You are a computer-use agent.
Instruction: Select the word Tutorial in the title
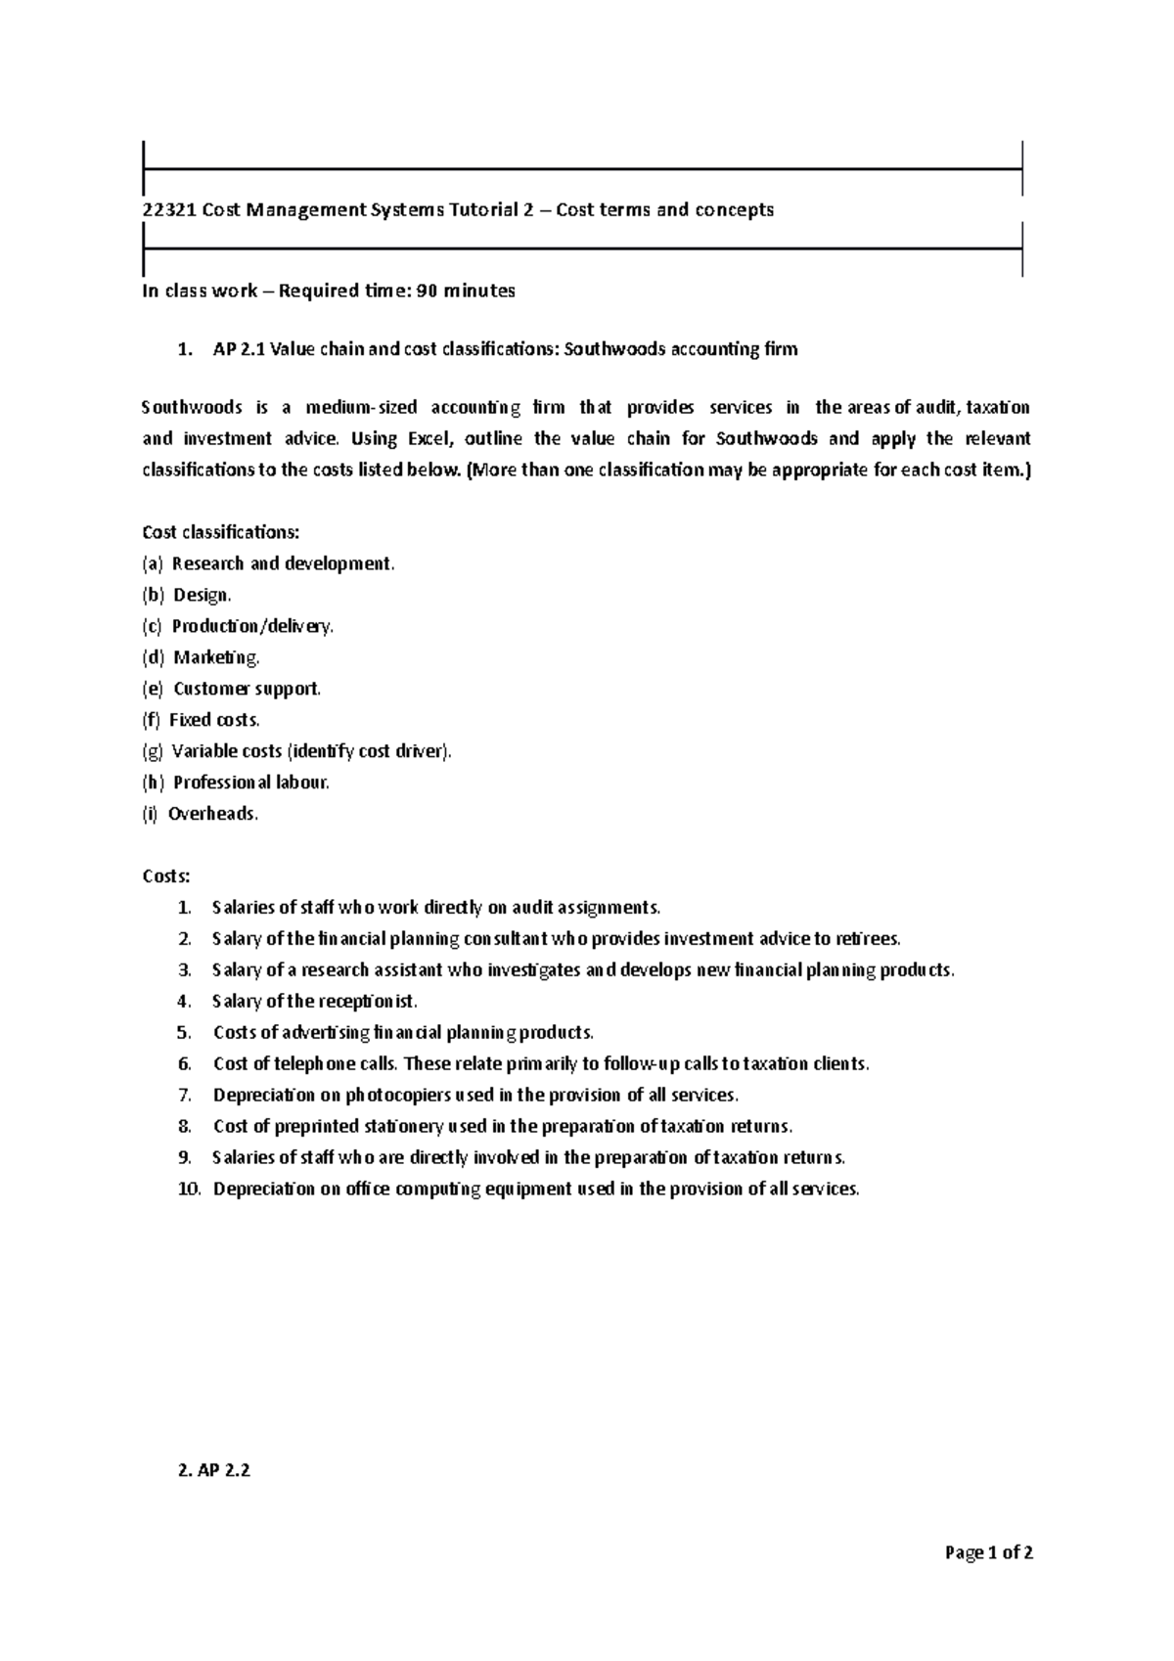click(481, 210)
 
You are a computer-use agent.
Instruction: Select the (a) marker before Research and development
click(153, 563)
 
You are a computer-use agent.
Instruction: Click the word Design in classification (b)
click(201, 595)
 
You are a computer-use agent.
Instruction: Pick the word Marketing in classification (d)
click(215, 657)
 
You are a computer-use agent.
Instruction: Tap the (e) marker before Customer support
click(153, 689)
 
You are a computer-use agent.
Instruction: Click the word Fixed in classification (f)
click(190, 720)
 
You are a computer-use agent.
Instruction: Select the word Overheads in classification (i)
click(212, 814)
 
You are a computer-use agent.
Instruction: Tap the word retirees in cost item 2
click(867, 939)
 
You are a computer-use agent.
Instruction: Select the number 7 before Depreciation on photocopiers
click(185, 1096)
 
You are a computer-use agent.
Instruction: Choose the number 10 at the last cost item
click(189, 1190)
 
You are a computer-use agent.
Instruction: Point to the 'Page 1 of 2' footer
click(988, 1552)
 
